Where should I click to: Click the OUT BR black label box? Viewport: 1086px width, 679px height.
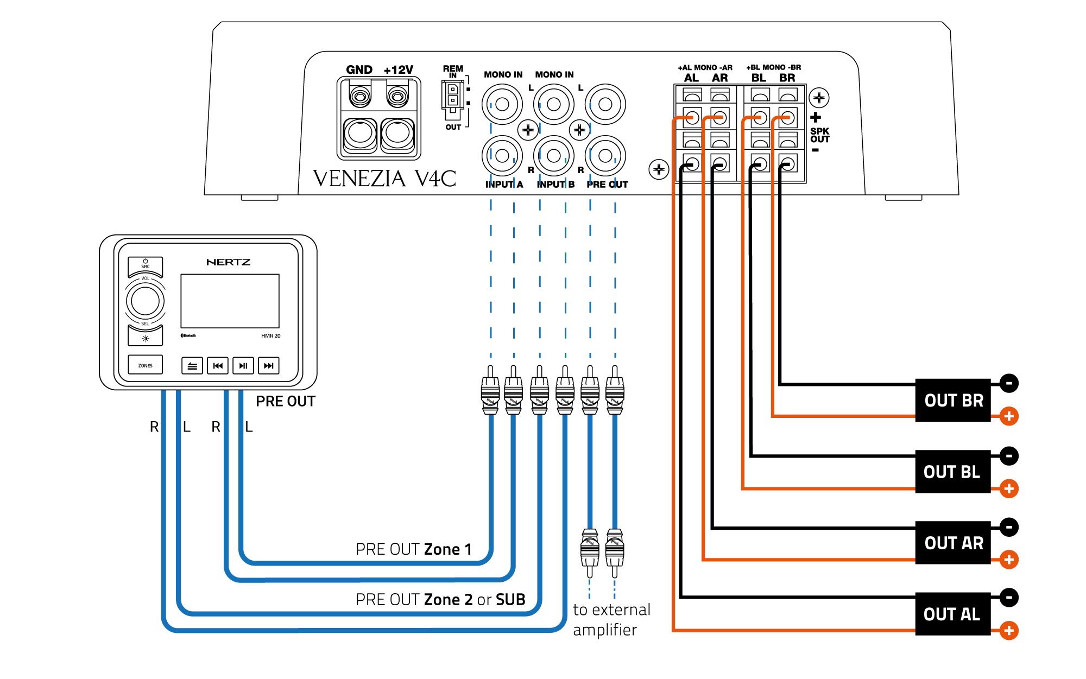(953, 401)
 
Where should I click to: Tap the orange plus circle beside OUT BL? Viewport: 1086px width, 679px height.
(1009, 488)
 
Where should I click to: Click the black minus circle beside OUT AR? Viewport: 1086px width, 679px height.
(1009, 527)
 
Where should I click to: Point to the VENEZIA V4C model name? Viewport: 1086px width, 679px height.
(384, 179)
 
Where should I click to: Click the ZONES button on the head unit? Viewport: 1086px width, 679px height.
(145, 365)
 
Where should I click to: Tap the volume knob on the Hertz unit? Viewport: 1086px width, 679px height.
(145, 301)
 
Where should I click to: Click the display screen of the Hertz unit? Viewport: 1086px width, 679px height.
(230, 301)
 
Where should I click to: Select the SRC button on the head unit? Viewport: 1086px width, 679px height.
(145, 264)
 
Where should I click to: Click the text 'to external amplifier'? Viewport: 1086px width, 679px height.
(611, 619)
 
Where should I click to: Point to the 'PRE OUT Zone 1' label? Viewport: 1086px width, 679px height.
(413, 549)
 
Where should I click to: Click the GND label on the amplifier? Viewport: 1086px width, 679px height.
(359, 70)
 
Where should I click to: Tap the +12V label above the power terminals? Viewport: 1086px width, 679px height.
(398, 70)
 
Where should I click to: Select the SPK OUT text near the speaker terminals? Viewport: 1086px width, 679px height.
(819, 135)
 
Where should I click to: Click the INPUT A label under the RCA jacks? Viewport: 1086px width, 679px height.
(504, 185)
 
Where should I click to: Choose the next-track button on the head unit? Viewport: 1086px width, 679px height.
(268, 366)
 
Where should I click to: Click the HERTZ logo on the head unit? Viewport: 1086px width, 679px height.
(229, 262)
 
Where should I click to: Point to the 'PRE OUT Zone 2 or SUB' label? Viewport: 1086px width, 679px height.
(440, 600)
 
